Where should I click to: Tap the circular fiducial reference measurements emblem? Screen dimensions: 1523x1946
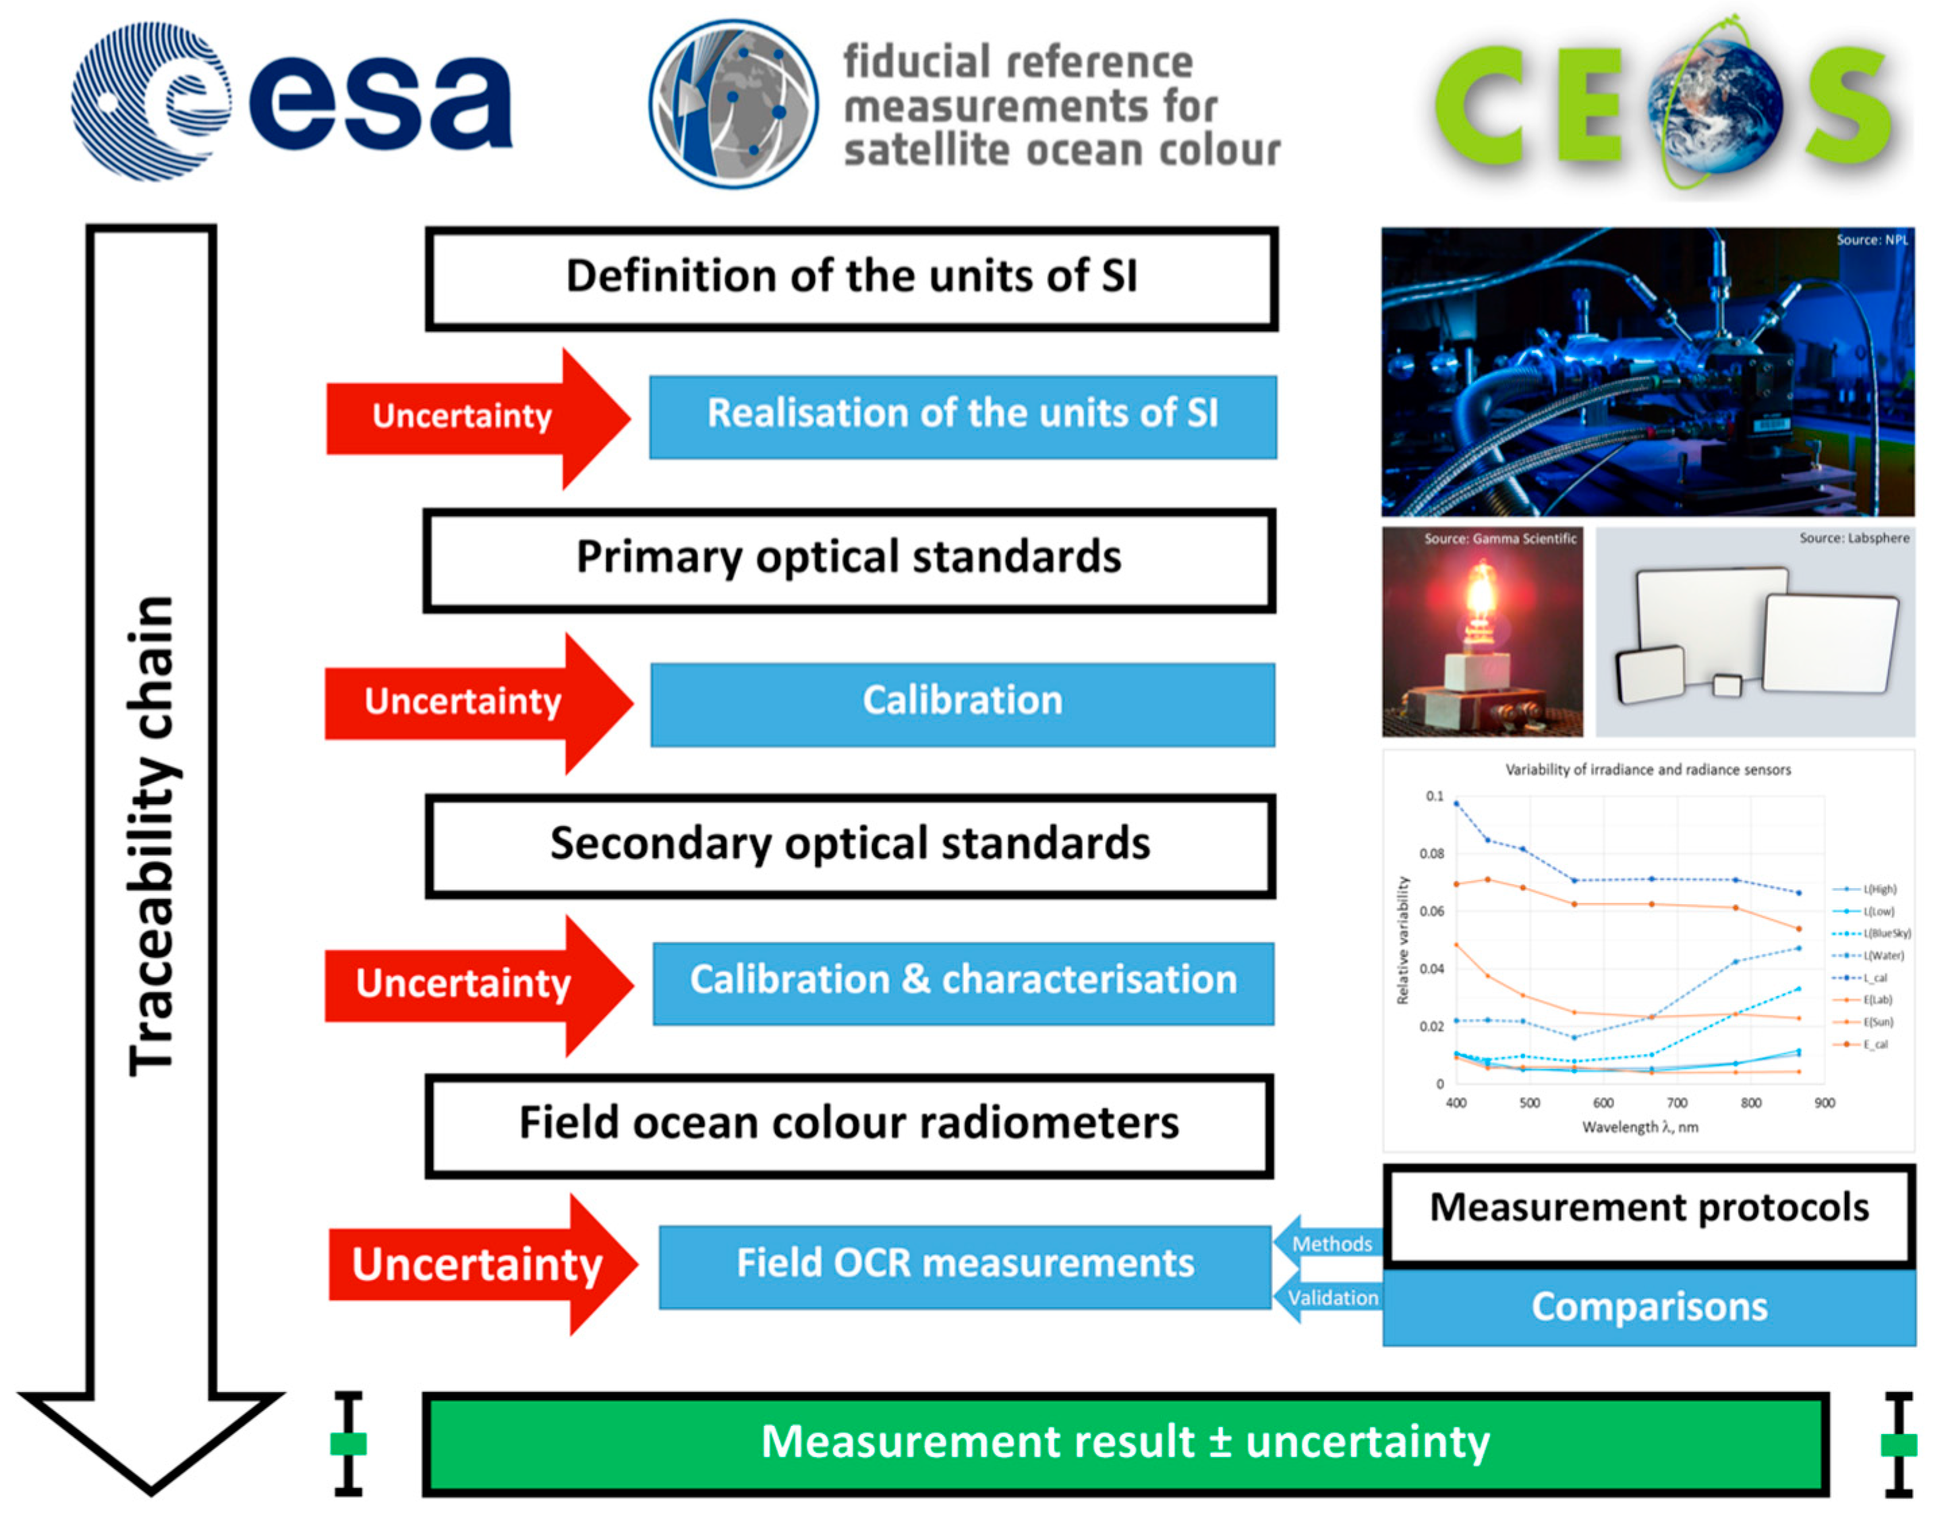pyautogui.click(x=733, y=105)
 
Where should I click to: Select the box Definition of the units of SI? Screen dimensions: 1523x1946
pyautogui.click(x=851, y=277)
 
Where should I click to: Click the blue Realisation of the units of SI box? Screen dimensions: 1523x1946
pyautogui.click(x=963, y=416)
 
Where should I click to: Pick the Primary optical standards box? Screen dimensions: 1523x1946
pyautogui.click(x=849, y=559)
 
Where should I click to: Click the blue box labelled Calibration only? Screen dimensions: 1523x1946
pyautogui.click(x=963, y=702)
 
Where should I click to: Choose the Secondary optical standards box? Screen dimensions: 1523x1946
pyautogui.click(x=849, y=844)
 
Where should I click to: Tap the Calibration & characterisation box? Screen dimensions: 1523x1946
pyautogui.click(x=963, y=982)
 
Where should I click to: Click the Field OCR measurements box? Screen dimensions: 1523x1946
pyautogui.click(x=965, y=1265)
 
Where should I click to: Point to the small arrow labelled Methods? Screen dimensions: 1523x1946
pyautogui.click(x=1328, y=1243)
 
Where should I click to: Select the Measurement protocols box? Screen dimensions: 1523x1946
pyautogui.click(x=1649, y=1210)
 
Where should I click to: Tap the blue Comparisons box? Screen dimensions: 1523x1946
pyautogui.click(x=1649, y=1307)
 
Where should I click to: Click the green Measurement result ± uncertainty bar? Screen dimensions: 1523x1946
pyautogui.click(x=1125, y=1443)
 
